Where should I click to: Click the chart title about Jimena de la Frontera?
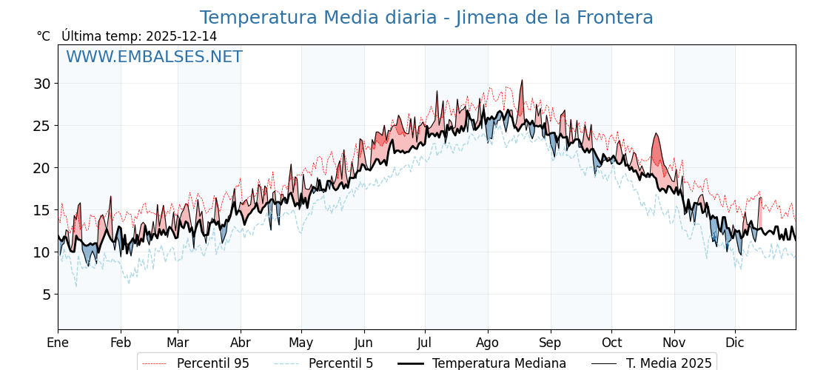point(426,18)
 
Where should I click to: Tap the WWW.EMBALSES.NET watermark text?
point(154,57)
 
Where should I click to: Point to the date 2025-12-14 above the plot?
point(181,36)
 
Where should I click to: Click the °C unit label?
point(43,36)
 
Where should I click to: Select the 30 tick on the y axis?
point(41,84)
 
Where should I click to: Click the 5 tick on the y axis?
point(46,295)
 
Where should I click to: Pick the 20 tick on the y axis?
point(41,168)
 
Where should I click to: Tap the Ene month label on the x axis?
point(58,343)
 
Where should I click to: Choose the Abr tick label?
point(241,343)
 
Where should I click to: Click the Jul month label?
point(425,343)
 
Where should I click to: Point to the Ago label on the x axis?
point(488,343)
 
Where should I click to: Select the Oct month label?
point(611,343)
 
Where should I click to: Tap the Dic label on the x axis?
point(735,343)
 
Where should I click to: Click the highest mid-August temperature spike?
point(521,81)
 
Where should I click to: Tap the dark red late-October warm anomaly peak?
point(655,135)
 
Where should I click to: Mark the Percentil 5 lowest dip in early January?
point(75,286)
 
